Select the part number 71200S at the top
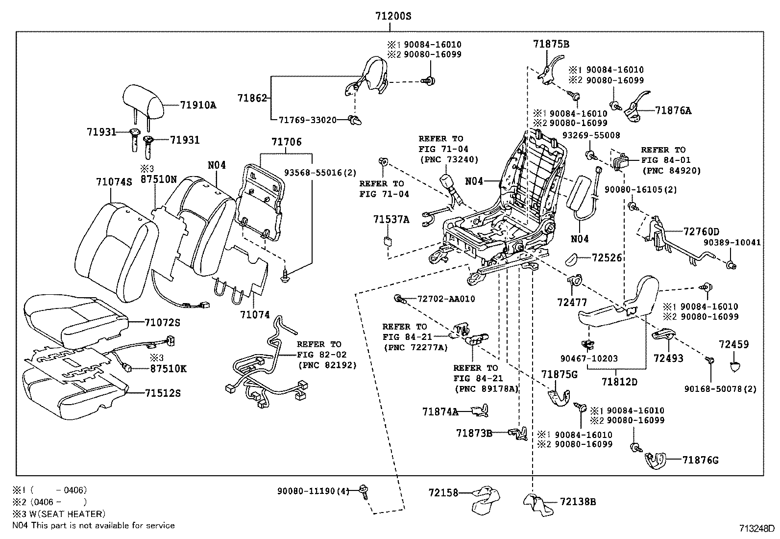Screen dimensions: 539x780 (x=393, y=16)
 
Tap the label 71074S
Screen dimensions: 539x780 (x=114, y=182)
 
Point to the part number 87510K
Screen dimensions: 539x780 (x=168, y=369)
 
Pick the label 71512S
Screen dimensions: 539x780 (x=163, y=393)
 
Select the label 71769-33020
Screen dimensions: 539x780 (x=307, y=119)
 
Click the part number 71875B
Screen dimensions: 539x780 (x=551, y=44)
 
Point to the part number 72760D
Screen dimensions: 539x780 (x=702, y=231)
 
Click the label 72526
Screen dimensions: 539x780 (x=607, y=257)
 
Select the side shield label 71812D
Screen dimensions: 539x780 (x=620, y=382)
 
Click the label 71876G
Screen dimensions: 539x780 (x=701, y=460)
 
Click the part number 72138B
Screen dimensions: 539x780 (x=578, y=502)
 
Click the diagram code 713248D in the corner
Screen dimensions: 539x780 (x=757, y=529)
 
